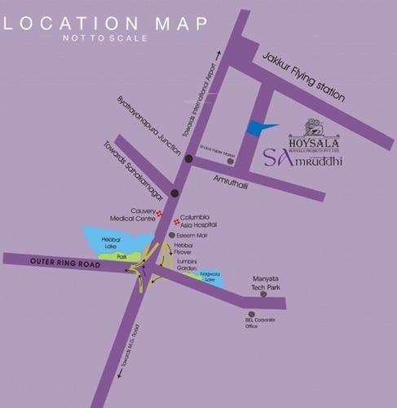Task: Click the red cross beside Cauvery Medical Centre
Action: pos(161,214)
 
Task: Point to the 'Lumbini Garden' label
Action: pos(200,265)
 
